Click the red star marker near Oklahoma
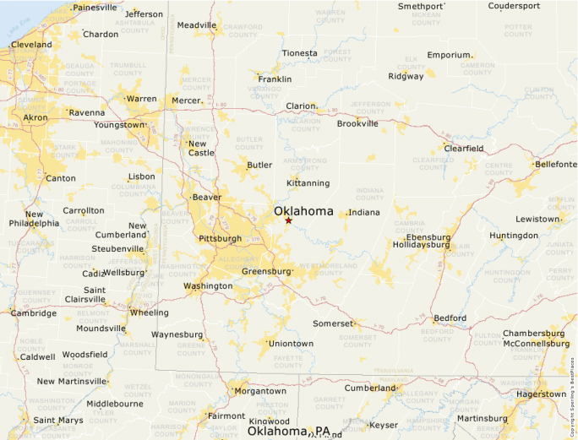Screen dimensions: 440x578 [x=288, y=220]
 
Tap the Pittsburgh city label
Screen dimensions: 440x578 [x=220, y=239]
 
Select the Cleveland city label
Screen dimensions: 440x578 [x=31, y=45]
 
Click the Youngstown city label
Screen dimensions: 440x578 [x=119, y=125]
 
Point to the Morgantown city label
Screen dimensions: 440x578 [x=260, y=391]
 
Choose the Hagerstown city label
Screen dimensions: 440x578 [x=541, y=394]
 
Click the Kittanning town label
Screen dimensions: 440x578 [x=308, y=183]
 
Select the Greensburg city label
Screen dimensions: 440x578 [x=266, y=272]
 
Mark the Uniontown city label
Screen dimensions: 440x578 [x=291, y=344]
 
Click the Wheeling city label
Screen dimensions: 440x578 [x=149, y=312]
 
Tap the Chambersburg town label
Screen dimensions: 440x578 [x=536, y=334]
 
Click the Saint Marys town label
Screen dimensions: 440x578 [x=58, y=420]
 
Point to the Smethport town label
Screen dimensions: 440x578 [x=421, y=6]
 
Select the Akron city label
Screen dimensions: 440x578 [x=35, y=117]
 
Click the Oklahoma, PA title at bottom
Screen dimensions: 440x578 [x=288, y=432]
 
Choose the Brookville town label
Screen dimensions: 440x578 [x=357, y=123]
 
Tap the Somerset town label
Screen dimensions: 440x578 [x=332, y=323]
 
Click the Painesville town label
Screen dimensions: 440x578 [x=95, y=8]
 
